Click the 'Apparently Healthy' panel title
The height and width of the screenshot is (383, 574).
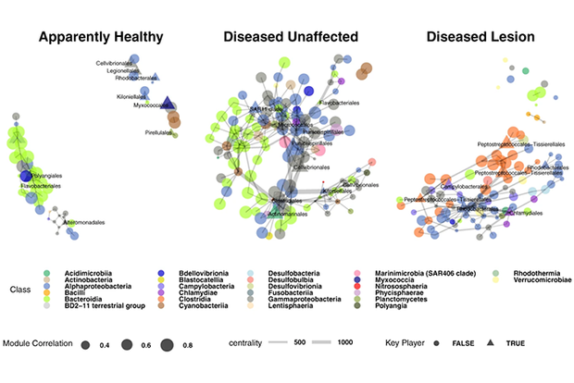click(102, 38)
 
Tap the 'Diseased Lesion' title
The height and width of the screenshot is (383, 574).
click(476, 38)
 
